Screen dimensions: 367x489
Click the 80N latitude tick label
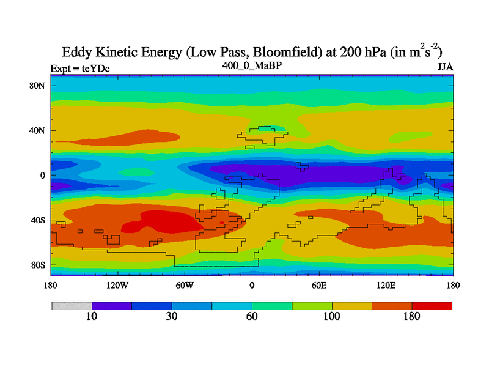[x=39, y=86]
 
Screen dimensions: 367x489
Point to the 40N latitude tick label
[x=39, y=130]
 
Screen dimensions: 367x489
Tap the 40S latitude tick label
[x=39, y=220]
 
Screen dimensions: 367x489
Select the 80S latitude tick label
[x=39, y=265]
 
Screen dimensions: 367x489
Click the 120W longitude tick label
[x=117, y=285]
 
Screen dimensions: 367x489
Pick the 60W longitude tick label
[x=185, y=285]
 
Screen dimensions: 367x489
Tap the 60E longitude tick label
[x=319, y=285]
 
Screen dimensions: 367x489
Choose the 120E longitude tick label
[x=386, y=285]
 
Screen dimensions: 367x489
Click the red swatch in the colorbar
[x=432, y=305]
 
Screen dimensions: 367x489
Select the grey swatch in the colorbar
[x=72, y=305]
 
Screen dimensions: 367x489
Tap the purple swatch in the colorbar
[x=112, y=305]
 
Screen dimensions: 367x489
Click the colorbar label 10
[x=92, y=317]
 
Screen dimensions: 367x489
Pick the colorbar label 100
[x=332, y=317]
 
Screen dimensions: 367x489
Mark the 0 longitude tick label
[x=252, y=285]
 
